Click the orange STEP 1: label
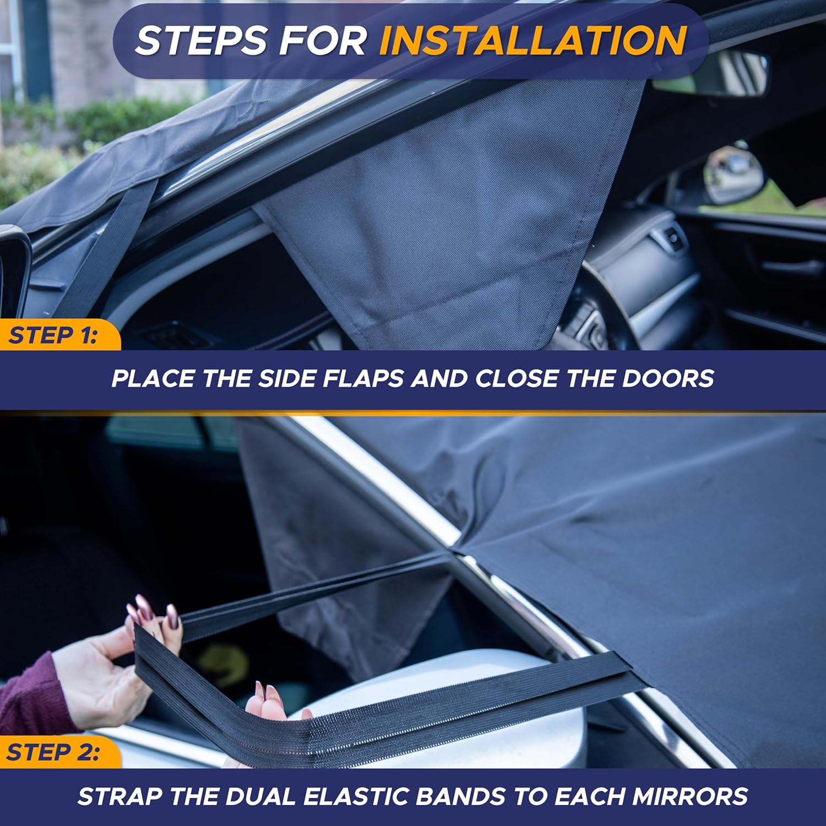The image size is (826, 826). point(53,335)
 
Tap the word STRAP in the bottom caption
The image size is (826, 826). point(118,797)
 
